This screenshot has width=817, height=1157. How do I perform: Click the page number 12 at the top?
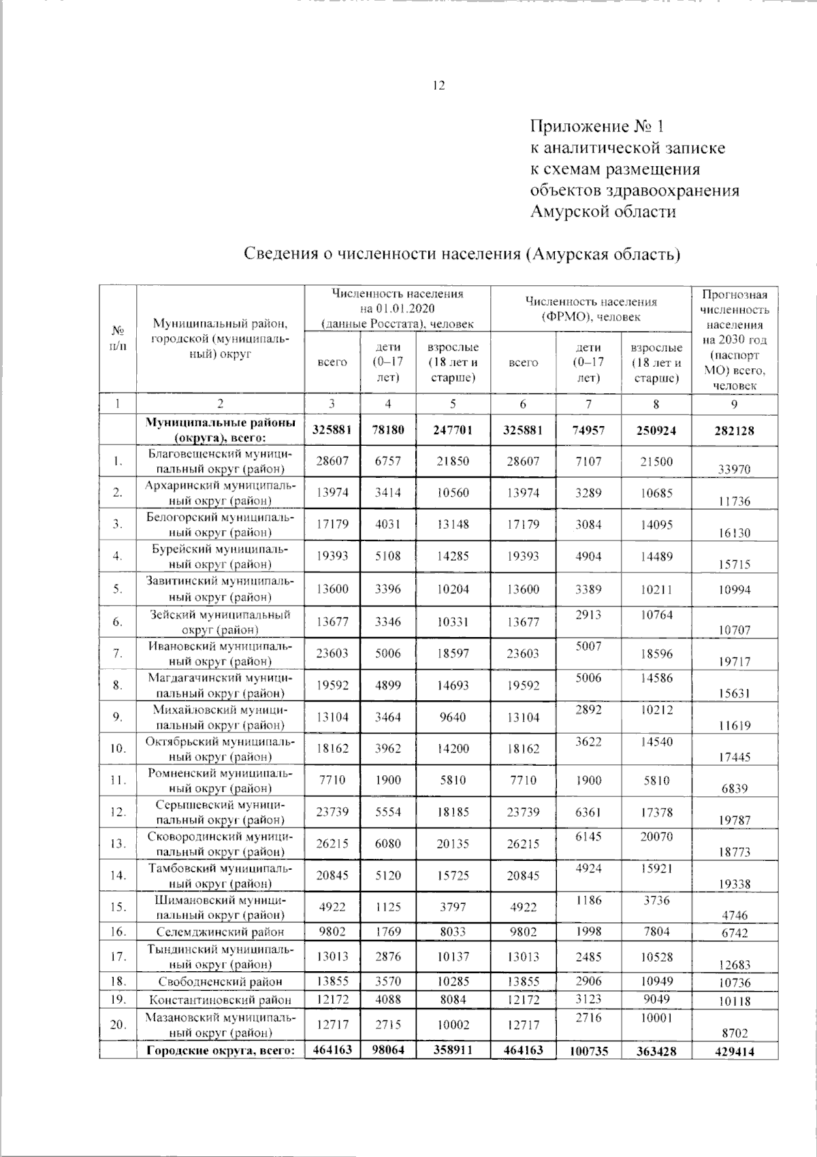click(438, 86)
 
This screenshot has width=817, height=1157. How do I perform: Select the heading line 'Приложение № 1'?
click(596, 127)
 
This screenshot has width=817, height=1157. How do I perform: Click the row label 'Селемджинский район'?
click(221, 932)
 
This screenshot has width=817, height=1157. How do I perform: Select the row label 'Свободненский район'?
click(221, 981)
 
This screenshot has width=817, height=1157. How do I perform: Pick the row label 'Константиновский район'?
click(221, 1000)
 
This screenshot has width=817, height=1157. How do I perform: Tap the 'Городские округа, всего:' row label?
click(221, 1050)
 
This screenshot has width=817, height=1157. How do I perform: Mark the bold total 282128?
click(735, 431)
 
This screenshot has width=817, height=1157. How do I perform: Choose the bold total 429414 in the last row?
click(735, 1052)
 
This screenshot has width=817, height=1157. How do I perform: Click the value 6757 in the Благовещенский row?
click(388, 461)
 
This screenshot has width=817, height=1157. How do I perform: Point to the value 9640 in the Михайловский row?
click(452, 717)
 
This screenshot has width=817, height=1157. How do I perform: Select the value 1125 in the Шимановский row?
click(388, 907)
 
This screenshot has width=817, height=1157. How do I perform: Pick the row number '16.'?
click(118, 932)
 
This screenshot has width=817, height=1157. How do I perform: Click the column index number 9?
click(735, 404)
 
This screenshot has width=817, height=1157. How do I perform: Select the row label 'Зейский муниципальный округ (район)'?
click(221, 621)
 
